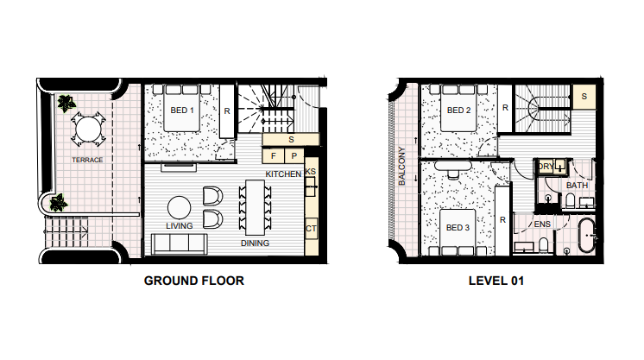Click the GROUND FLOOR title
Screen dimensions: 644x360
tap(194, 281)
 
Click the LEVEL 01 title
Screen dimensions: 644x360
tap(496, 281)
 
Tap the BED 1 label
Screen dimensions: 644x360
tap(182, 111)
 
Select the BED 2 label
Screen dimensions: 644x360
tap(458, 111)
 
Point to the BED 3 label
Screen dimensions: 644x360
tap(458, 227)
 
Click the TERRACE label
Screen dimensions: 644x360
tap(87, 160)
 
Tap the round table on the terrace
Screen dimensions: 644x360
tap(88, 129)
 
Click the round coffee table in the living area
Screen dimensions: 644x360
tap(179, 207)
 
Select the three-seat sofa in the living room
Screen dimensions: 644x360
tap(179, 243)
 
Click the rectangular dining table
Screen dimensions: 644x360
tap(255, 207)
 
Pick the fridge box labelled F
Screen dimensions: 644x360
tap(273, 155)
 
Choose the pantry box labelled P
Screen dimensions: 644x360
tap(294, 155)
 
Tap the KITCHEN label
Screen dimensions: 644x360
tap(283, 174)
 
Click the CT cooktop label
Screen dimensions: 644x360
tap(311, 229)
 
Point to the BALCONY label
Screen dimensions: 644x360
tap(401, 166)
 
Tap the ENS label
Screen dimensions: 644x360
tap(542, 224)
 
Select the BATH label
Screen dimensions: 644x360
tap(577, 186)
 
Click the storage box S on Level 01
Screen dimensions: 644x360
tap(584, 97)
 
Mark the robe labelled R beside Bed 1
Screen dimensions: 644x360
tap(227, 111)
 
